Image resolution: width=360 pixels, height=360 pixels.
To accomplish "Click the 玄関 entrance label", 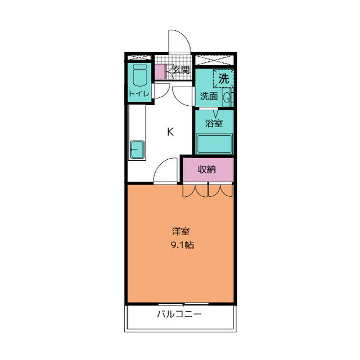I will [180, 70].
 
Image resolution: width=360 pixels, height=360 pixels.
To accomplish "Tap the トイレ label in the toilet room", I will [139, 94].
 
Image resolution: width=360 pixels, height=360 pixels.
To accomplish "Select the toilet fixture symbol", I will [139, 75].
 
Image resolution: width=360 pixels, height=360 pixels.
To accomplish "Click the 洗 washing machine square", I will [223, 79].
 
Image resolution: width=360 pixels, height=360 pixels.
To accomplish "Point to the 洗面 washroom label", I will [209, 96].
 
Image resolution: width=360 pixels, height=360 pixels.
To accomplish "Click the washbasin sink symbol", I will [227, 97].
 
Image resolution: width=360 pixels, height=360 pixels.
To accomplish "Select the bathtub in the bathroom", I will [214, 144].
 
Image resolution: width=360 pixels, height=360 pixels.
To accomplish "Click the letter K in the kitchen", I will [170, 132].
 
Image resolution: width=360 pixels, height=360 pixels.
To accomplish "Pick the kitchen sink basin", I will [138, 150].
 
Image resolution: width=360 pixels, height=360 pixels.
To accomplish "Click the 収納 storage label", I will [207, 169].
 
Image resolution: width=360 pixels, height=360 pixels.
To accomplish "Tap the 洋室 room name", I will [181, 231].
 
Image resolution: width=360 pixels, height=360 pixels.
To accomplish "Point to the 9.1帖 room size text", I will [181, 245].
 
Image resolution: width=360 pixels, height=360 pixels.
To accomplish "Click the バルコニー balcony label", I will [179, 314].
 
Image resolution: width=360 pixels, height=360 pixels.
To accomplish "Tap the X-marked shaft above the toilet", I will [139, 58].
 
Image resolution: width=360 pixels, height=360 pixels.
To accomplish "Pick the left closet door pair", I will [195, 191].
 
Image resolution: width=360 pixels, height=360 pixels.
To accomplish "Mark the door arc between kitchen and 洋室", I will [165, 170].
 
